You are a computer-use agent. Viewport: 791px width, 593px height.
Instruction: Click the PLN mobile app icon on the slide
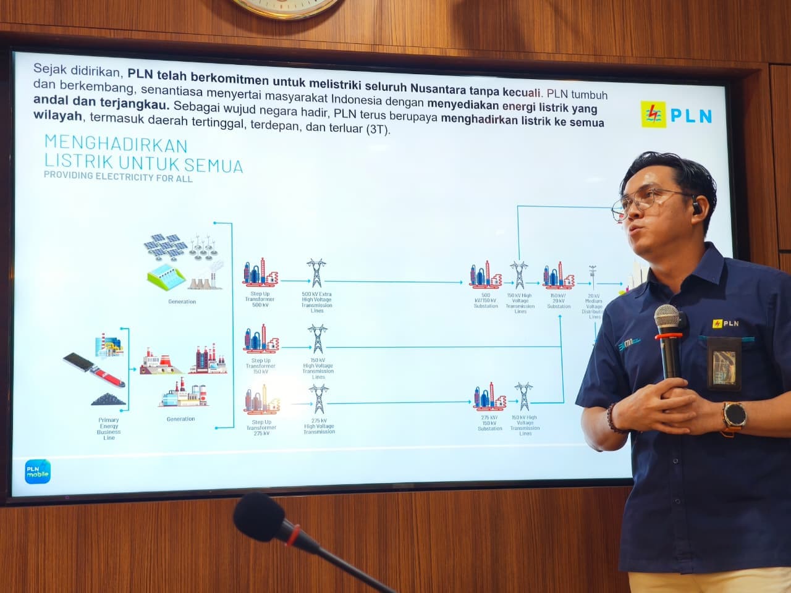click(x=38, y=472)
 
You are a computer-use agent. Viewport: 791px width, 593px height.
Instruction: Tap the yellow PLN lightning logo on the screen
click(x=652, y=114)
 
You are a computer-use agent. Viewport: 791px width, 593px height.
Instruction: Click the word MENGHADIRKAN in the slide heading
click(x=116, y=145)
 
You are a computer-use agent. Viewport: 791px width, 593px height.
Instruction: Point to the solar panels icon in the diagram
click(x=165, y=245)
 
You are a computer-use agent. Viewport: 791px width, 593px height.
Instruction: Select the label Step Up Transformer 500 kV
click(x=260, y=300)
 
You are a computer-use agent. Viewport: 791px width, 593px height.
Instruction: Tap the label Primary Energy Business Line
click(x=109, y=429)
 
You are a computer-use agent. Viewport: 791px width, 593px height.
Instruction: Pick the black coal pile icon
click(x=109, y=400)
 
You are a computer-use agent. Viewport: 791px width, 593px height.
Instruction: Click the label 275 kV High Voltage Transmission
click(x=319, y=426)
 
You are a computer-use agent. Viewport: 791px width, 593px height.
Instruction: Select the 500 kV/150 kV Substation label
click(x=486, y=301)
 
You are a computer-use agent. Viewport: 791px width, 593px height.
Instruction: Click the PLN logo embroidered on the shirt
click(x=725, y=323)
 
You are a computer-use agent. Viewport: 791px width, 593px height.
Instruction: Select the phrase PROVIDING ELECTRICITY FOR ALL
click(x=118, y=177)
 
